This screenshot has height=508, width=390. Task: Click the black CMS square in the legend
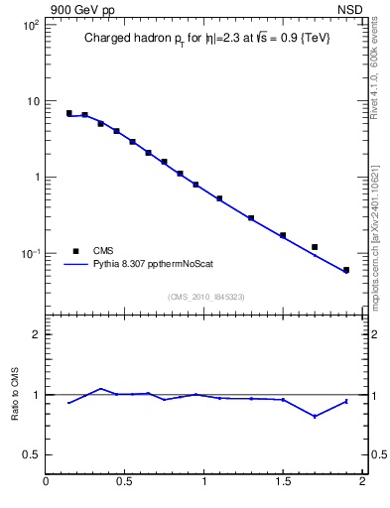click(75, 250)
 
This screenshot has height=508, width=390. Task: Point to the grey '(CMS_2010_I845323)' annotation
click(206, 296)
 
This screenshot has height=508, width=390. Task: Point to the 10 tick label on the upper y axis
click(33, 101)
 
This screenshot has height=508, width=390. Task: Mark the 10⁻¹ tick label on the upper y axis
click(31, 254)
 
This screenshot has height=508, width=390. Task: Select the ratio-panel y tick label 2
click(36, 334)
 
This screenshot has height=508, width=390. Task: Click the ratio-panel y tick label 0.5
click(32, 454)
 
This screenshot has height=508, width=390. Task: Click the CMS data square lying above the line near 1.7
click(315, 247)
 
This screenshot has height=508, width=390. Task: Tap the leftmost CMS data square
click(68, 113)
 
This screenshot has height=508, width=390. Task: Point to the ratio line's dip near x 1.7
click(315, 416)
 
